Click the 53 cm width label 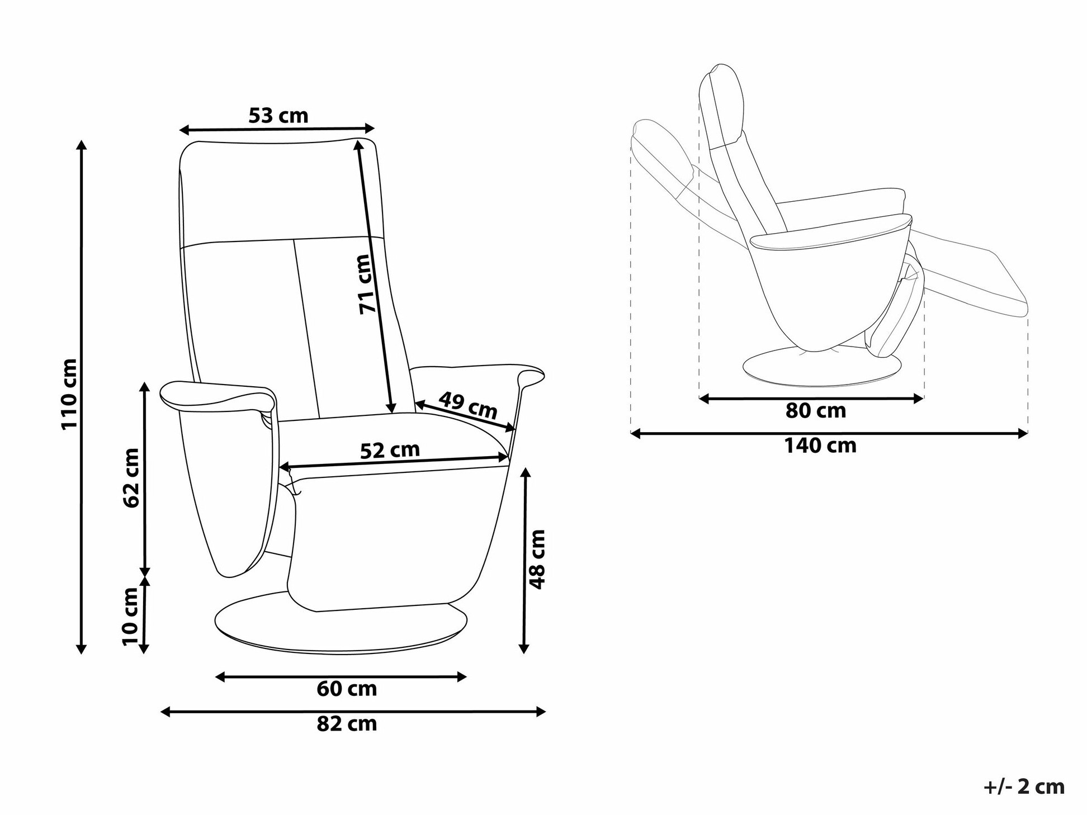[x=278, y=116]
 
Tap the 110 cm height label [x=69, y=394]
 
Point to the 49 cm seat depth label [x=467, y=405]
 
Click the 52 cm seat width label [x=390, y=450]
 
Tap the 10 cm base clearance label [x=130, y=617]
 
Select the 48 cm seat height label [x=537, y=559]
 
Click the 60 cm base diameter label [x=347, y=689]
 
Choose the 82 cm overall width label [x=347, y=724]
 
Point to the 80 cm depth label [x=816, y=411]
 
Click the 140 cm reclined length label [x=820, y=446]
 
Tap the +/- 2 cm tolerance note [x=1024, y=786]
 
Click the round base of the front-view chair [x=341, y=629]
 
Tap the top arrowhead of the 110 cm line [x=82, y=145]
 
